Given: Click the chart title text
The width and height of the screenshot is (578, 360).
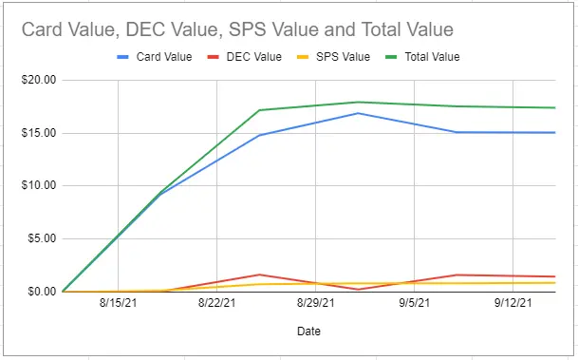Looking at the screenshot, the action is pos(237,29).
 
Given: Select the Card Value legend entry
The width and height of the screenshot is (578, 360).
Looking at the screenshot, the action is pos(155,57).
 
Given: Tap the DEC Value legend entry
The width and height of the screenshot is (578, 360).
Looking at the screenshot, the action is pos(245,57).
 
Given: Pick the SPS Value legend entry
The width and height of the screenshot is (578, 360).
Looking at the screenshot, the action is pos(333,57).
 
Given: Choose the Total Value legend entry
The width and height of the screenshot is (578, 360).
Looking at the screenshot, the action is pos(422,57).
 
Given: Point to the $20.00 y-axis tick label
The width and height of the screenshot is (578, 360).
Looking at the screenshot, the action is pos(39,80).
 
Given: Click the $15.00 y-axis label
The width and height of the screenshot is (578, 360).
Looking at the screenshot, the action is pos(39,133).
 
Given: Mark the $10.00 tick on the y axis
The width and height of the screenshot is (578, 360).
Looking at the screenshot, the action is pos(39,185).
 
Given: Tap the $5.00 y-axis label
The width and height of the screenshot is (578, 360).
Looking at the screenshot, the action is pos(42,238).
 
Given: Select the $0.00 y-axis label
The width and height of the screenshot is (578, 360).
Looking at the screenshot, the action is pos(42,292).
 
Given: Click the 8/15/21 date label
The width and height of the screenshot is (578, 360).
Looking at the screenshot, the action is pos(118,303).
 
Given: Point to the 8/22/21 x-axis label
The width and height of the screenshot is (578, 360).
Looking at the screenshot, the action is pos(216,303).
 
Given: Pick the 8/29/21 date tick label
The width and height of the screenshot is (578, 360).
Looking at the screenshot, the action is pos(315,303).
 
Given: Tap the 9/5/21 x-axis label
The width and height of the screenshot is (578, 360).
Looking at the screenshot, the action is pos(415,303).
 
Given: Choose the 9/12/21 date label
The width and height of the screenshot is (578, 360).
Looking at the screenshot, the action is pos(513,303).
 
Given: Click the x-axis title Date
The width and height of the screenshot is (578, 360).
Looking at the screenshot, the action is pos(308,332).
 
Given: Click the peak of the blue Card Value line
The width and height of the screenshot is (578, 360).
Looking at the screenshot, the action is pos(358,113).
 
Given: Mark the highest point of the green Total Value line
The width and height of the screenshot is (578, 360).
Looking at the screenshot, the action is pos(358,103).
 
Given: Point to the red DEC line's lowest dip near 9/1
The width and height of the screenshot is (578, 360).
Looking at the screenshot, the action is pos(358,289).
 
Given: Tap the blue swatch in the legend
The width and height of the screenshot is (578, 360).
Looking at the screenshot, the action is pos(122,57).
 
